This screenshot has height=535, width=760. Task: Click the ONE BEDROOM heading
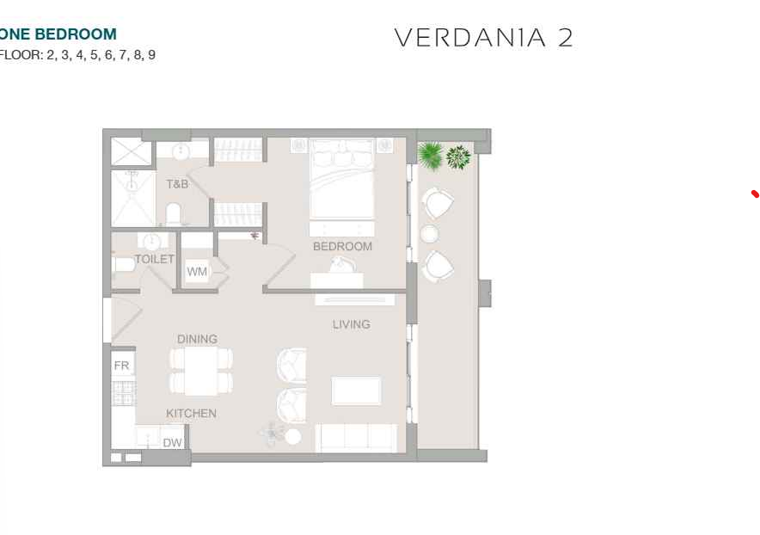[58, 34]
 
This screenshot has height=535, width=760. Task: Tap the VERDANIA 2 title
[483, 38]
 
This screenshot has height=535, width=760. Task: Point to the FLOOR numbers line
[77, 54]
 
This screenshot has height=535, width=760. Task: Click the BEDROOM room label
[343, 246]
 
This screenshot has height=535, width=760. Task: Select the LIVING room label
[352, 324]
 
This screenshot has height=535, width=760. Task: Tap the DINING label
[197, 339]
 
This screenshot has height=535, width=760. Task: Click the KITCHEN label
[191, 413]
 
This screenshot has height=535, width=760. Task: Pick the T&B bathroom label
[177, 184]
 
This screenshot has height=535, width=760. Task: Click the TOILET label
[154, 259]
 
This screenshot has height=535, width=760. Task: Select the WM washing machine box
[197, 271]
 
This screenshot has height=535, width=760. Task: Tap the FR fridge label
[122, 366]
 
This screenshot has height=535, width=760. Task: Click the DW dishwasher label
[172, 442]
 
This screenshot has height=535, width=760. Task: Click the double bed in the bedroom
[341, 180]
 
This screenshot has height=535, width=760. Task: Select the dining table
[200, 372]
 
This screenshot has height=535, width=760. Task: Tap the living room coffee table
[356, 390]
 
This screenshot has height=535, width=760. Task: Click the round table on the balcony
[429, 234]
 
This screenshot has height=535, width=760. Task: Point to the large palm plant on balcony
[430, 155]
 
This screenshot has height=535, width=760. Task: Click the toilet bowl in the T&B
[174, 214]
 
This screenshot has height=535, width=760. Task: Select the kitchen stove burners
[124, 393]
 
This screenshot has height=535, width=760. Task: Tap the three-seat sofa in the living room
[356, 438]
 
